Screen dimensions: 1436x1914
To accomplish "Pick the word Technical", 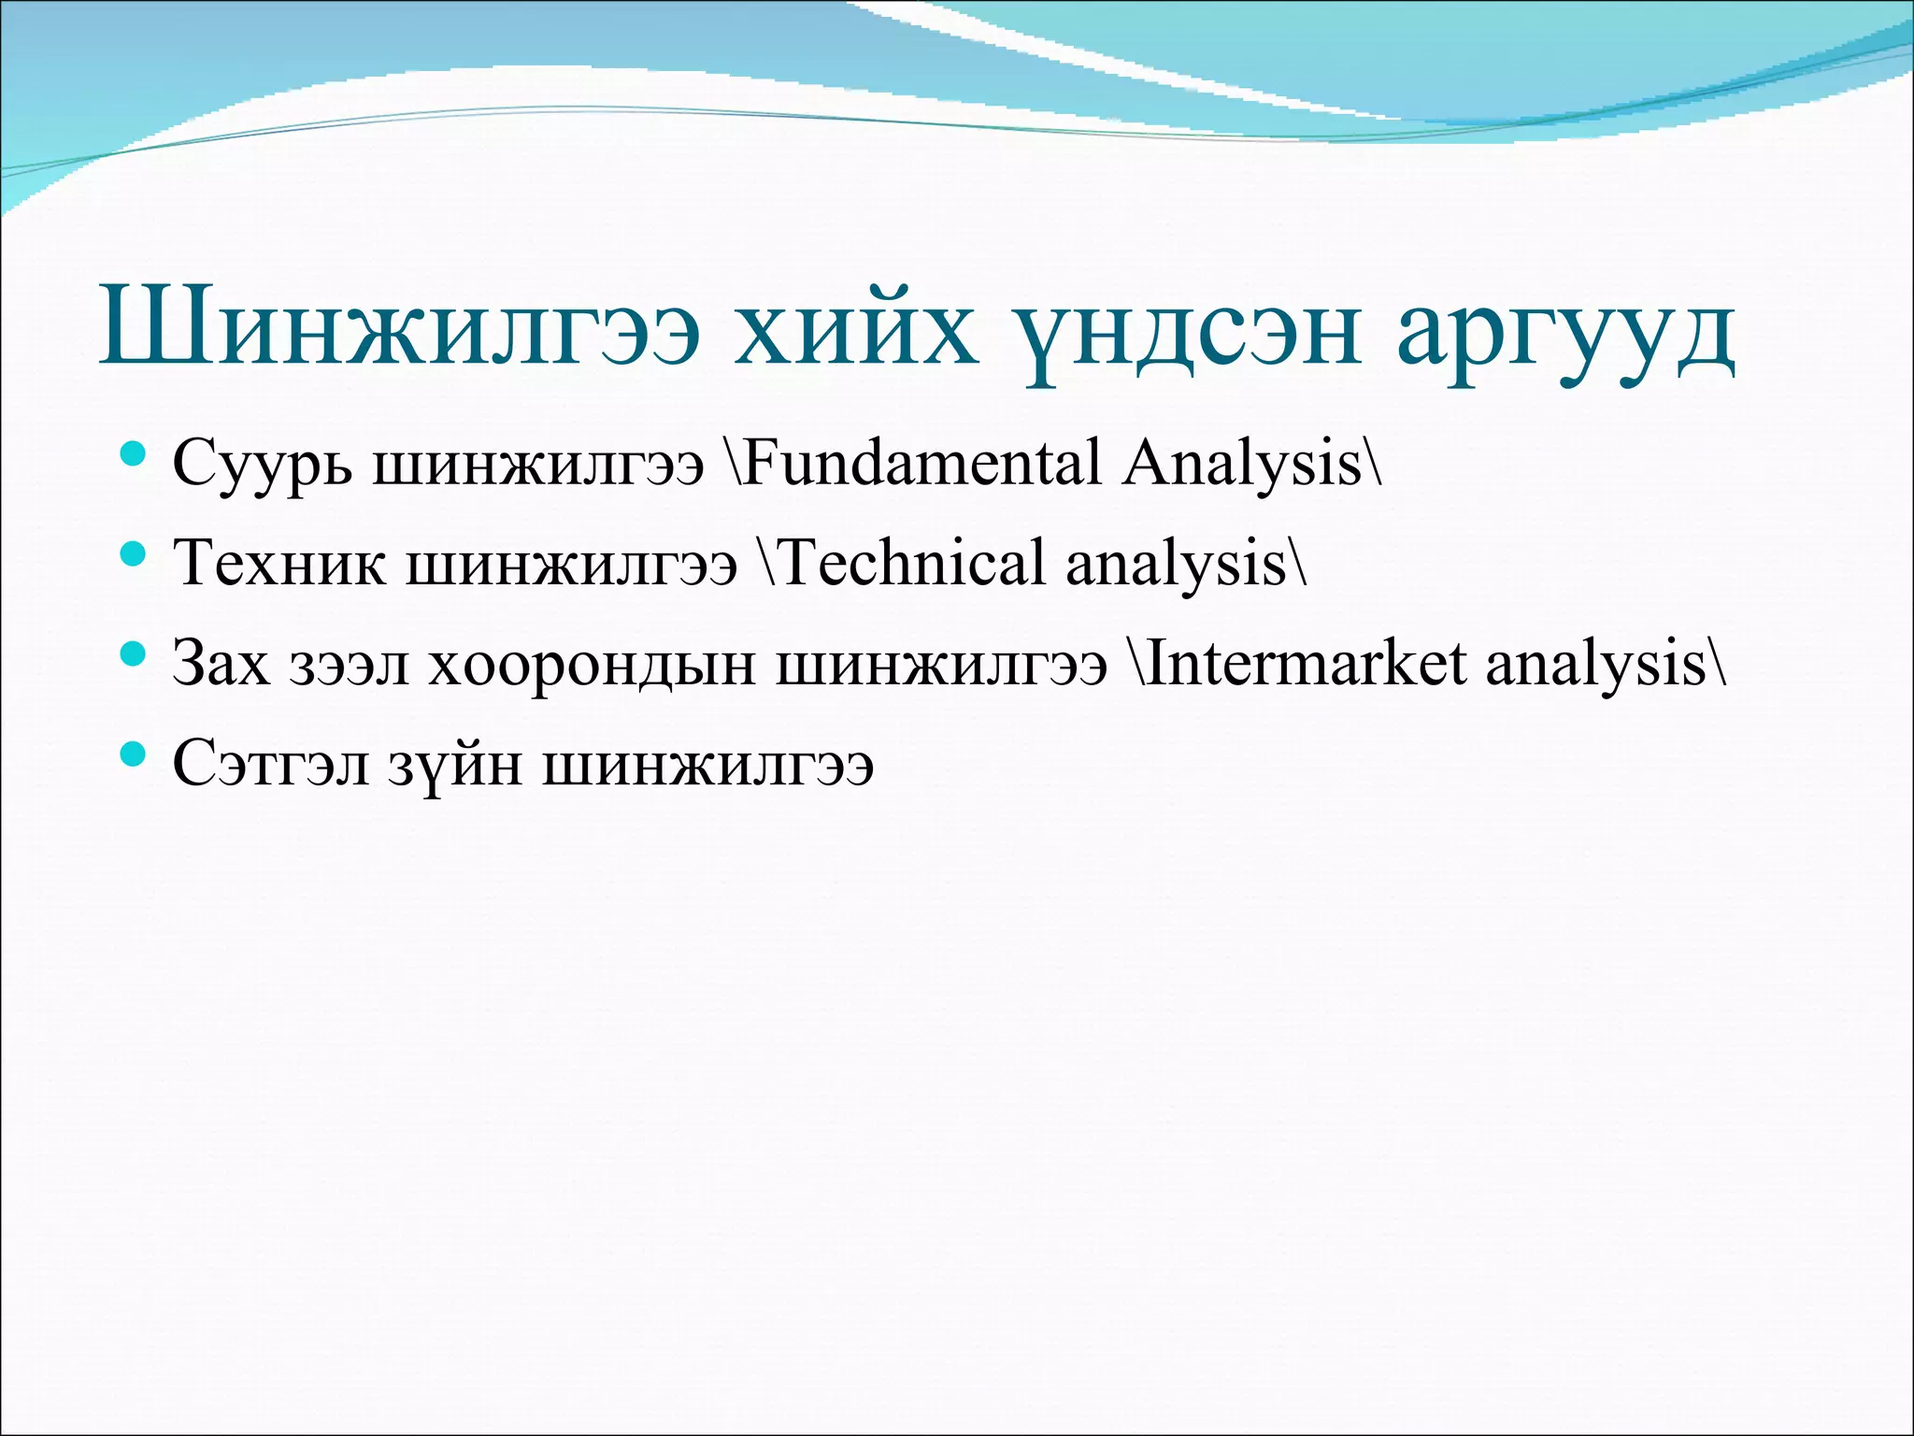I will point(910,564).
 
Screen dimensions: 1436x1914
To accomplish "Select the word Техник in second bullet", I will point(279,564).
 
